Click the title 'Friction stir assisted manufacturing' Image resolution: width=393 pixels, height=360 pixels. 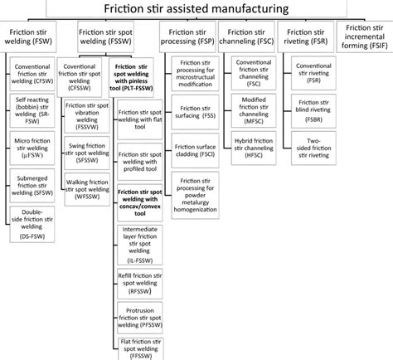[196, 9]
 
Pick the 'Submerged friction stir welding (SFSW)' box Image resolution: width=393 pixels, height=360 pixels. [36, 182]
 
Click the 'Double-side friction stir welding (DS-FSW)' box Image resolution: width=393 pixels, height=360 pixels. [36, 220]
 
